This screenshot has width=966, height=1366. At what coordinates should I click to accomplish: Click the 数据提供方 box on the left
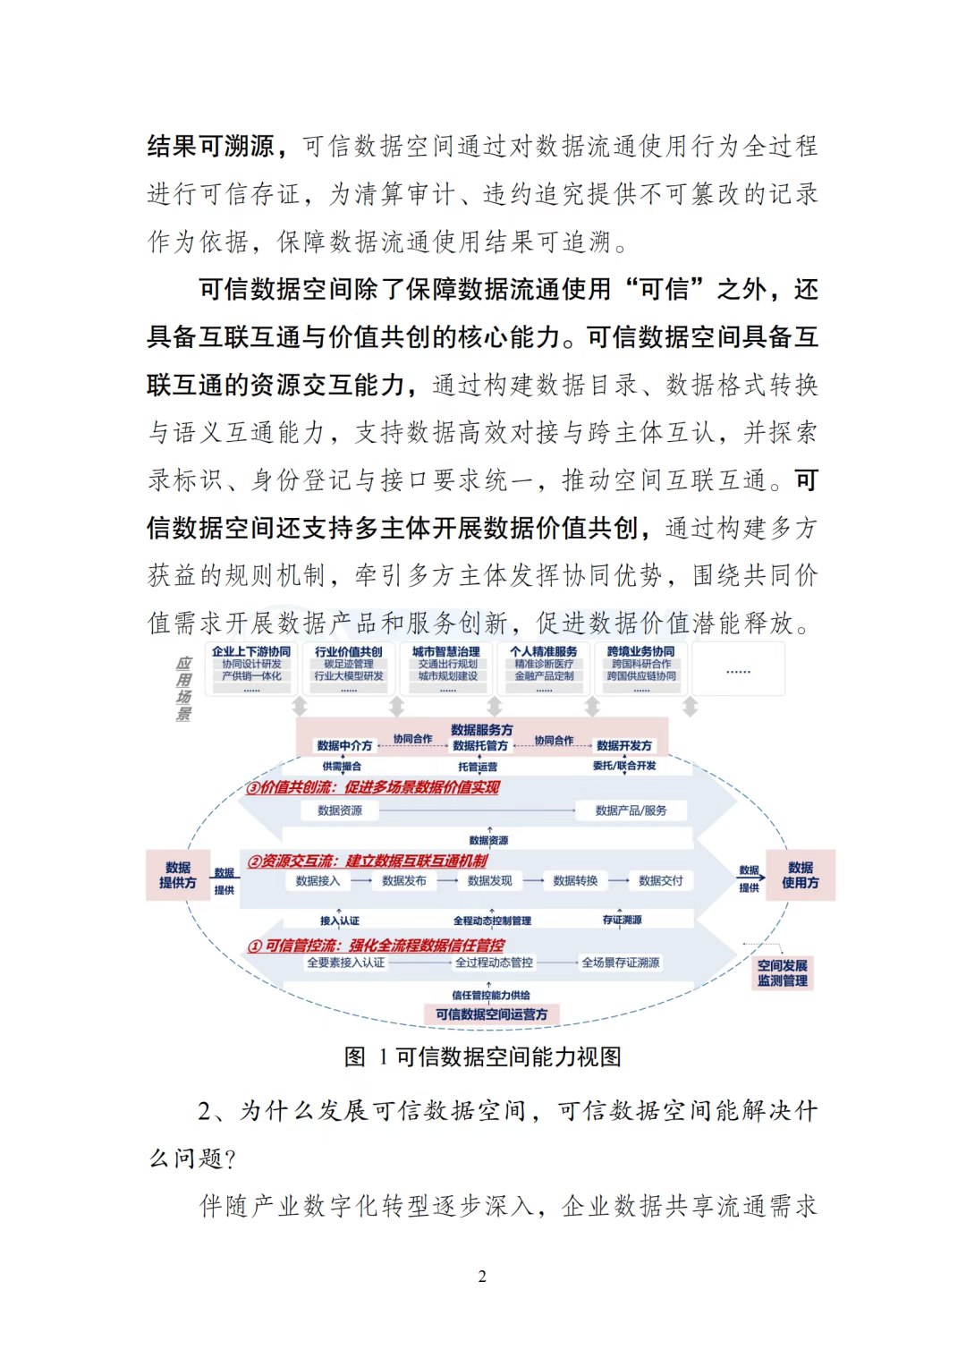click(x=177, y=875)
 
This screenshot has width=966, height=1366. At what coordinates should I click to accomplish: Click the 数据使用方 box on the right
click(x=800, y=875)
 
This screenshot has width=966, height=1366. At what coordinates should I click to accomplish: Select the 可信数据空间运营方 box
click(x=491, y=1014)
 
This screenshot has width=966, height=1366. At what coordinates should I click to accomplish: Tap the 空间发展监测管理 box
click(x=782, y=972)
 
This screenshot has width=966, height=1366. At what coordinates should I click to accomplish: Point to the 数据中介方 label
click(x=344, y=745)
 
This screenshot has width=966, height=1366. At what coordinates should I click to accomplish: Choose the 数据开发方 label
click(x=624, y=745)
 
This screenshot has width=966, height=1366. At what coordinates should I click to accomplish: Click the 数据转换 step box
click(x=575, y=880)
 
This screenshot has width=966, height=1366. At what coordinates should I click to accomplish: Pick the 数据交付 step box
click(x=660, y=880)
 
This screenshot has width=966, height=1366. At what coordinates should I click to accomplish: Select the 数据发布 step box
click(x=404, y=880)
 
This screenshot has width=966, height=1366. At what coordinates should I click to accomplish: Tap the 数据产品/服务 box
click(x=631, y=810)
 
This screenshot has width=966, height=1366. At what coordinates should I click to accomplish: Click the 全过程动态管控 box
click(x=494, y=963)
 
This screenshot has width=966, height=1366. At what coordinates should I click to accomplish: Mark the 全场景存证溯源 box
click(x=621, y=963)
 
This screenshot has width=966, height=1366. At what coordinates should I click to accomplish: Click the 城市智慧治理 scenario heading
click(x=446, y=651)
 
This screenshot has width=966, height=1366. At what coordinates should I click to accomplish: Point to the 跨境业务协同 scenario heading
click(x=640, y=651)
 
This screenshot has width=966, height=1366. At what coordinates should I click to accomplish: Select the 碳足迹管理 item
click(x=348, y=664)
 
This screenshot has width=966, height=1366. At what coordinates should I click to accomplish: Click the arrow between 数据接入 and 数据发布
click(x=361, y=880)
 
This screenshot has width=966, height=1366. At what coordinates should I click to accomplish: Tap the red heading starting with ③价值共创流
click(x=372, y=788)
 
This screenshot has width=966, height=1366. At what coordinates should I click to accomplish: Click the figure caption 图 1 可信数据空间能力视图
click(x=482, y=1056)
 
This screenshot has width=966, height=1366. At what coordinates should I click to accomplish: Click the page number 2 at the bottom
click(x=482, y=1277)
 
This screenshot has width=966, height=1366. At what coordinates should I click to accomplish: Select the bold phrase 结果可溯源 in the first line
click(x=211, y=146)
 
